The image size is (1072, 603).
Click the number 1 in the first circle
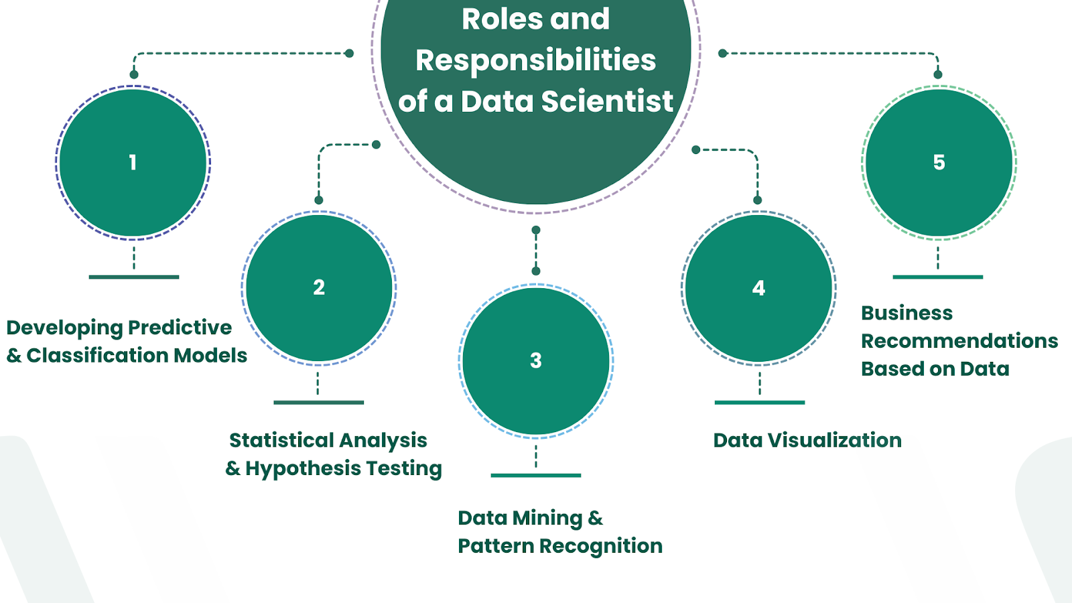[x=133, y=162]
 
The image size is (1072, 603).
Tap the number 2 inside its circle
[x=319, y=287]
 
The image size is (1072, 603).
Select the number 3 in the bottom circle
[x=536, y=360]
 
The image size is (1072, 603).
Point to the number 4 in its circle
[x=758, y=288]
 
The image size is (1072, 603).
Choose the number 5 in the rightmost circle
[x=939, y=162]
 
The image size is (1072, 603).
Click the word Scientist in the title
[x=606, y=101]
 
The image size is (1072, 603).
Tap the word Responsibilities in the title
[x=536, y=60]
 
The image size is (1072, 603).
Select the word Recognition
[x=600, y=546]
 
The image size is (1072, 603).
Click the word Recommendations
[x=959, y=341]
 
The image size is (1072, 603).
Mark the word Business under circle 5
[x=907, y=313]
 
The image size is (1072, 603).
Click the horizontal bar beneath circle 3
[x=536, y=475]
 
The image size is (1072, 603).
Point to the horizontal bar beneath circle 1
[x=134, y=277]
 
